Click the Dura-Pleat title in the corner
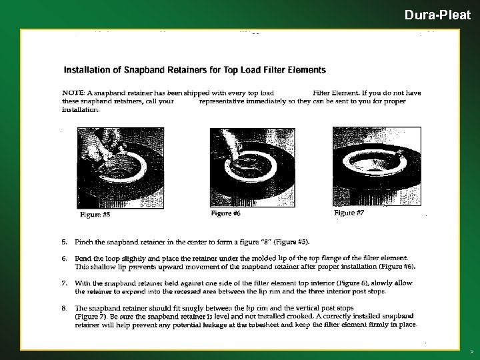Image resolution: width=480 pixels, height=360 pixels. click(x=437, y=15)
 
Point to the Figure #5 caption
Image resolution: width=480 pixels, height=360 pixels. click(x=95, y=214)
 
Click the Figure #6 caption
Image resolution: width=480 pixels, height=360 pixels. click(x=225, y=213)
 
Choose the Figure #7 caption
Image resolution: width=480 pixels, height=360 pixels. click(x=349, y=213)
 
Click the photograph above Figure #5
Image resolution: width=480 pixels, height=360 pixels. click(x=120, y=168)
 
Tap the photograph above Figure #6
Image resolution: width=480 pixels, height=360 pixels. click(x=253, y=167)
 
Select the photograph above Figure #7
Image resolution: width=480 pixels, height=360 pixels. click(x=377, y=166)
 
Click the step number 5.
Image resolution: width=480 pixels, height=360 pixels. click(x=64, y=242)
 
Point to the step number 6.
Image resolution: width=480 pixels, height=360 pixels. click(x=64, y=259)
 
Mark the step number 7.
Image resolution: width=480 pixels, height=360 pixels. click(x=64, y=283)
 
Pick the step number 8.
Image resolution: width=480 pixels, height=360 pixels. click(x=64, y=308)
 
